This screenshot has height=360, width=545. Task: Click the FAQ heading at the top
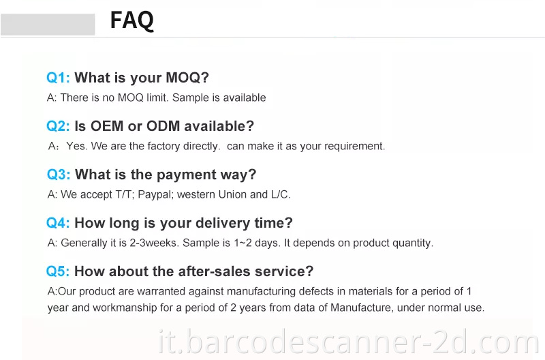tap(132, 20)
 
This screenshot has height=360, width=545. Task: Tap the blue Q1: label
tap(58, 78)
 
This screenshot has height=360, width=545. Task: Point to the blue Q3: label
tap(59, 175)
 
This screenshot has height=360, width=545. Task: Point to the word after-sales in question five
tap(212, 271)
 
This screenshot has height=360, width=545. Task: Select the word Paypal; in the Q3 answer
tap(156, 194)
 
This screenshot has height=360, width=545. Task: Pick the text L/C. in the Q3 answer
tap(279, 194)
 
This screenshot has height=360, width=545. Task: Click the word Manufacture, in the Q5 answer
tap(360, 307)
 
